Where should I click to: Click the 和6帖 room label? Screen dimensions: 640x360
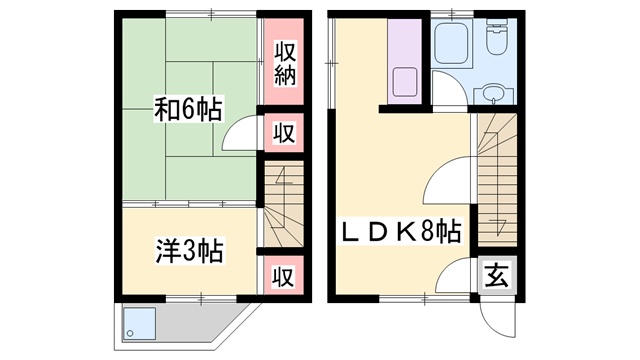click(x=188, y=109)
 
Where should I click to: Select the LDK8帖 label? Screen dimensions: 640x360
click(x=401, y=231)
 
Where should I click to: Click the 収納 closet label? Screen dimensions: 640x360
click(x=284, y=63)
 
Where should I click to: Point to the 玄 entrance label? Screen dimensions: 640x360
click(x=497, y=275)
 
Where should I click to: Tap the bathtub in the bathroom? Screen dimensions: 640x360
click(x=451, y=43)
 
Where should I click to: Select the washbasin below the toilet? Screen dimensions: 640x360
click(x=494, y=94)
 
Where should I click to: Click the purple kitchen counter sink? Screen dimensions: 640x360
click(x=404, y=82)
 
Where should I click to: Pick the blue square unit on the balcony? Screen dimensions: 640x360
click(x=139, y=324)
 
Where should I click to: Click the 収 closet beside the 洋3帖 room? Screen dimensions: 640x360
click(x=284, y=276)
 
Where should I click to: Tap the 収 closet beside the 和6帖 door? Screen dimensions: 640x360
click(x=284, y=133)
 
